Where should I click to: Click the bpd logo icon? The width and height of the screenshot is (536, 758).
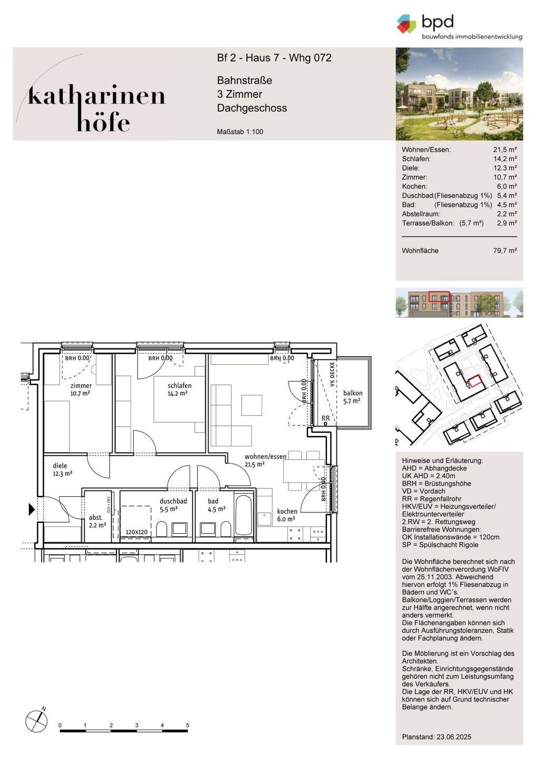(x=406, y=24)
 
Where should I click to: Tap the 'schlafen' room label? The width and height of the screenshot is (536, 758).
(x=180, y=385)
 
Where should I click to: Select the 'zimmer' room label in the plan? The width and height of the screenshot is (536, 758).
(x=81, y=385)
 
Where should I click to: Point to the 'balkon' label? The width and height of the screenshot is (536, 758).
(x=353, y=393)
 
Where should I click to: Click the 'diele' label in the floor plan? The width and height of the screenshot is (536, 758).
(x=60, y=466)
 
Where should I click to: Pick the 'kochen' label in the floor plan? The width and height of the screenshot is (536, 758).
(x=287, y=511)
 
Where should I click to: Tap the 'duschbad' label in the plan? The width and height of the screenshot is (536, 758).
(x=173, y=501)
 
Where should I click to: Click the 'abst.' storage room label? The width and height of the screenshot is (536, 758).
(x=95, y=517)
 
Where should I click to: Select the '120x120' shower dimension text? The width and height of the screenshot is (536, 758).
(x=137, y=532)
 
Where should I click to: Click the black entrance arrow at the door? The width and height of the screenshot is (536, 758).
(x=32, y=510)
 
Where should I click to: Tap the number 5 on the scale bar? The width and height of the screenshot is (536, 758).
(x=187, y=725)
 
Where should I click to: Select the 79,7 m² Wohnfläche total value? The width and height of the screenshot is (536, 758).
(x=505, y=251)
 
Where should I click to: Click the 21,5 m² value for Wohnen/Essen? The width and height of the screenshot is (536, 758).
(x=505, y=149)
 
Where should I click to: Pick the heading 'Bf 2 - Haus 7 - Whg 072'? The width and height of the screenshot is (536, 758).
(x=274, y=58)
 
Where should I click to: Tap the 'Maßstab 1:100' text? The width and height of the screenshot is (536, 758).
(x=240, y=132)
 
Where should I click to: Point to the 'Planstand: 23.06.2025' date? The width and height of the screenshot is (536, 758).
(x=436, y=737)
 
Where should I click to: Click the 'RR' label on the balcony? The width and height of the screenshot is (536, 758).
(x=325, y=418)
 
